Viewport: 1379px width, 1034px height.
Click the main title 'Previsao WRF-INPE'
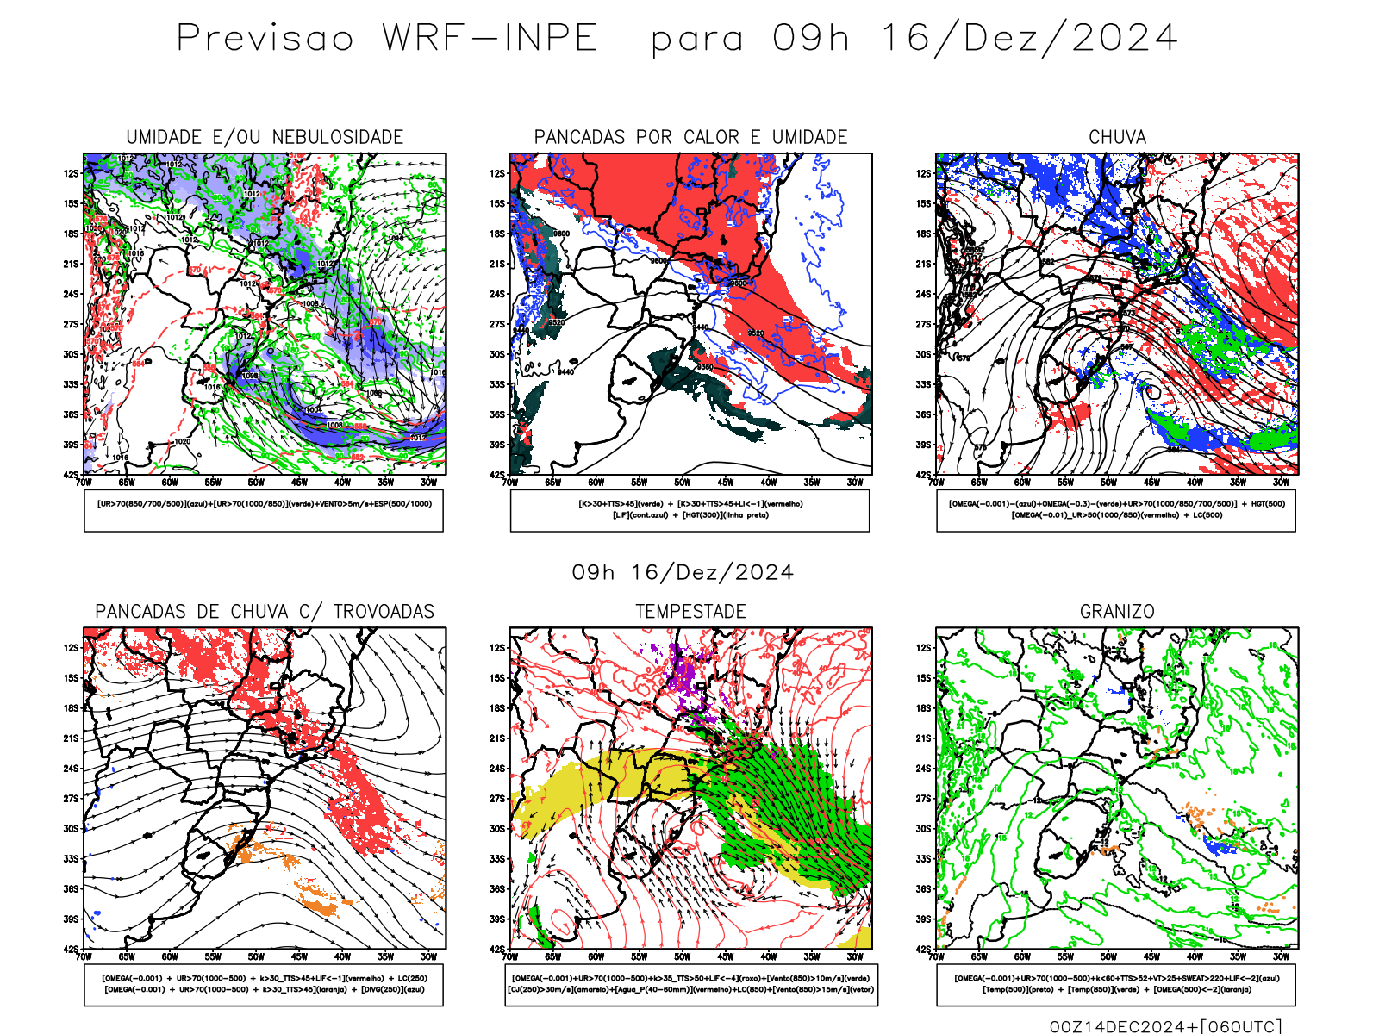(387, 39)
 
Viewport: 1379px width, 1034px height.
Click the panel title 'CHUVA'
(1117, 137)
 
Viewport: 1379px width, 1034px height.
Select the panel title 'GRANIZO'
(1117, 612)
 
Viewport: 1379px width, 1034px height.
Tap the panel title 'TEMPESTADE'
(690, 612)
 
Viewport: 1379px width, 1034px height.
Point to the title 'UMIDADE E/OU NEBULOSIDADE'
(265, 137)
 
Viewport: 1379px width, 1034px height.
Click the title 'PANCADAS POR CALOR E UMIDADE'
(690, 137)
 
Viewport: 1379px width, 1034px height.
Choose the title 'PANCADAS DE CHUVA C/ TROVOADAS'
(265, 612)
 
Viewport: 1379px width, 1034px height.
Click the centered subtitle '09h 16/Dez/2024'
(683, 573)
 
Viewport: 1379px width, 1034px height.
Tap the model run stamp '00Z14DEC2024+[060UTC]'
(1165, 1026)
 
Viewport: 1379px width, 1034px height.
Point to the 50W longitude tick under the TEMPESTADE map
(683, 956)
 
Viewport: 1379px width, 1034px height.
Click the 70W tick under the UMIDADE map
(84, 483)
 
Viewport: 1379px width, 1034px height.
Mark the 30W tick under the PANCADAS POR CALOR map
(855, 483)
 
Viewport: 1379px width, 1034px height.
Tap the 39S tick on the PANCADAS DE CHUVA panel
(71, 919)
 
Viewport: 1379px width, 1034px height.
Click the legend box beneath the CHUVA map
(1116, 510)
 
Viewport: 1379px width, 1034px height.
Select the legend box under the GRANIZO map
(1116, 984)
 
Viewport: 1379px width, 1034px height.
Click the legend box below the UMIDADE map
(264, 510)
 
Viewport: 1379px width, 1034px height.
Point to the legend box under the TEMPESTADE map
(690, 984)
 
